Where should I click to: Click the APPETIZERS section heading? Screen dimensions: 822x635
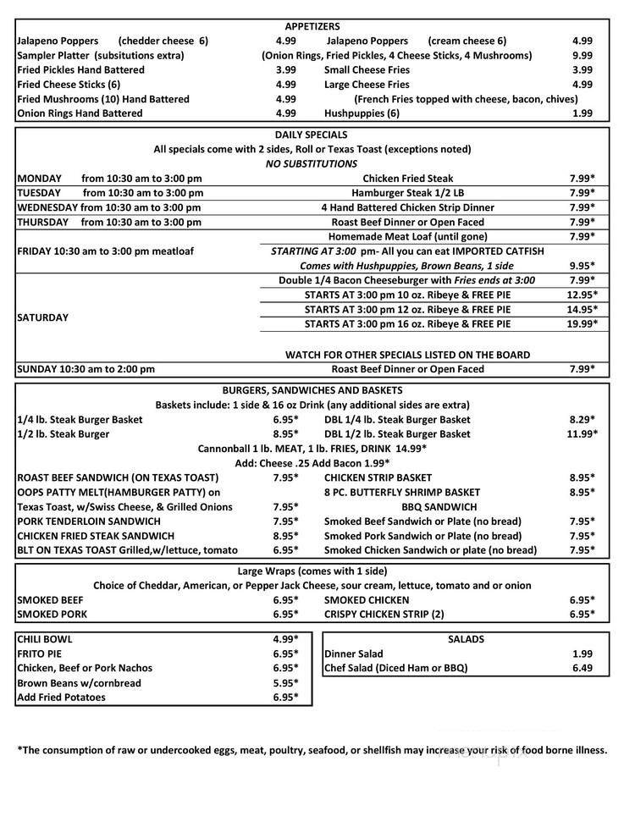[x=312, y=26]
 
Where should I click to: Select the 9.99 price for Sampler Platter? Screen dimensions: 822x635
[x=582, y=55]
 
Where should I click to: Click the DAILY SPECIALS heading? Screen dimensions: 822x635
[x=311, y=135]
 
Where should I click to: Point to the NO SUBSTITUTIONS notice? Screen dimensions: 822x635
[x=311, y=163]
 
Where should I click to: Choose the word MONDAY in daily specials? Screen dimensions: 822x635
[x=39, y=179]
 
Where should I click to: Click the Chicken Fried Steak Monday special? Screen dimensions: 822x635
[x=407, y=179]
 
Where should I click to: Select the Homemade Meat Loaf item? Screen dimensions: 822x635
[x=407, y=236]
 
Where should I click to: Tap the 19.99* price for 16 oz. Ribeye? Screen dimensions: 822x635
[x=582, y=323]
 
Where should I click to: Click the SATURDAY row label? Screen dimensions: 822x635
[x=42, y=317]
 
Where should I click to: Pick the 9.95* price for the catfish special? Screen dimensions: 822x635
[x=582, y=265]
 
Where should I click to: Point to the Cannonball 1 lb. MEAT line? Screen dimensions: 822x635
[x=311, y=448]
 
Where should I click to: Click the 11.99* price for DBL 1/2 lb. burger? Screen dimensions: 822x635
[x=582, y=433]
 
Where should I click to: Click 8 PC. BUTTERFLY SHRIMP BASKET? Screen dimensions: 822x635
[x=401, y=492]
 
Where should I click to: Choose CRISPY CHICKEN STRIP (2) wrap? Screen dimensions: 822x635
[x=384, y=614]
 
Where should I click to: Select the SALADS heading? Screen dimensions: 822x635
[x=465, y=639]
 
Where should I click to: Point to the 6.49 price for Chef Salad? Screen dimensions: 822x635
[x=582, y=668]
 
